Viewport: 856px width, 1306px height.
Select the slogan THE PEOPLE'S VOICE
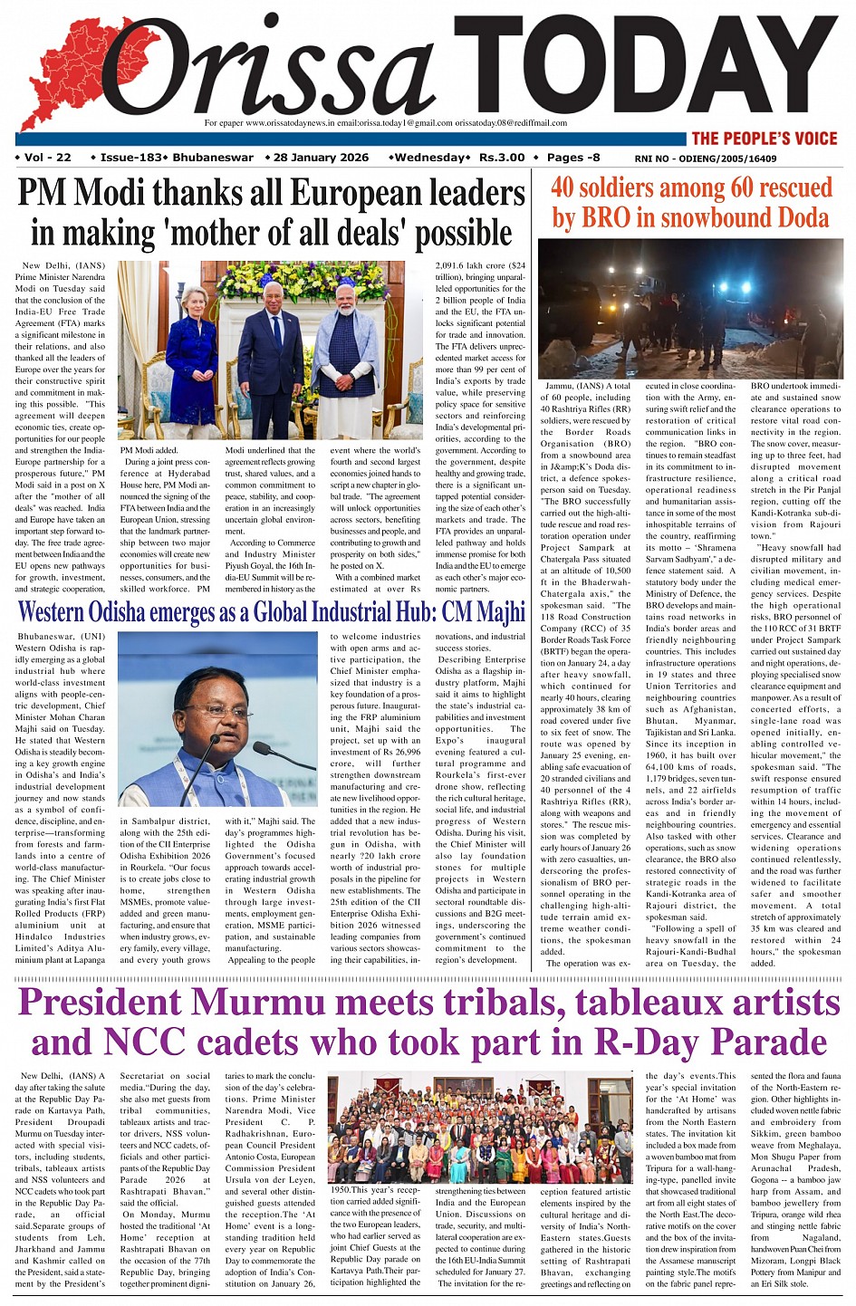tap(765, 139)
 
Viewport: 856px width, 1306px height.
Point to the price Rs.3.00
tap(502, 158)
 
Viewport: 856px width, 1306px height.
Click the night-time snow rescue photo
tap(690, 308)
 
